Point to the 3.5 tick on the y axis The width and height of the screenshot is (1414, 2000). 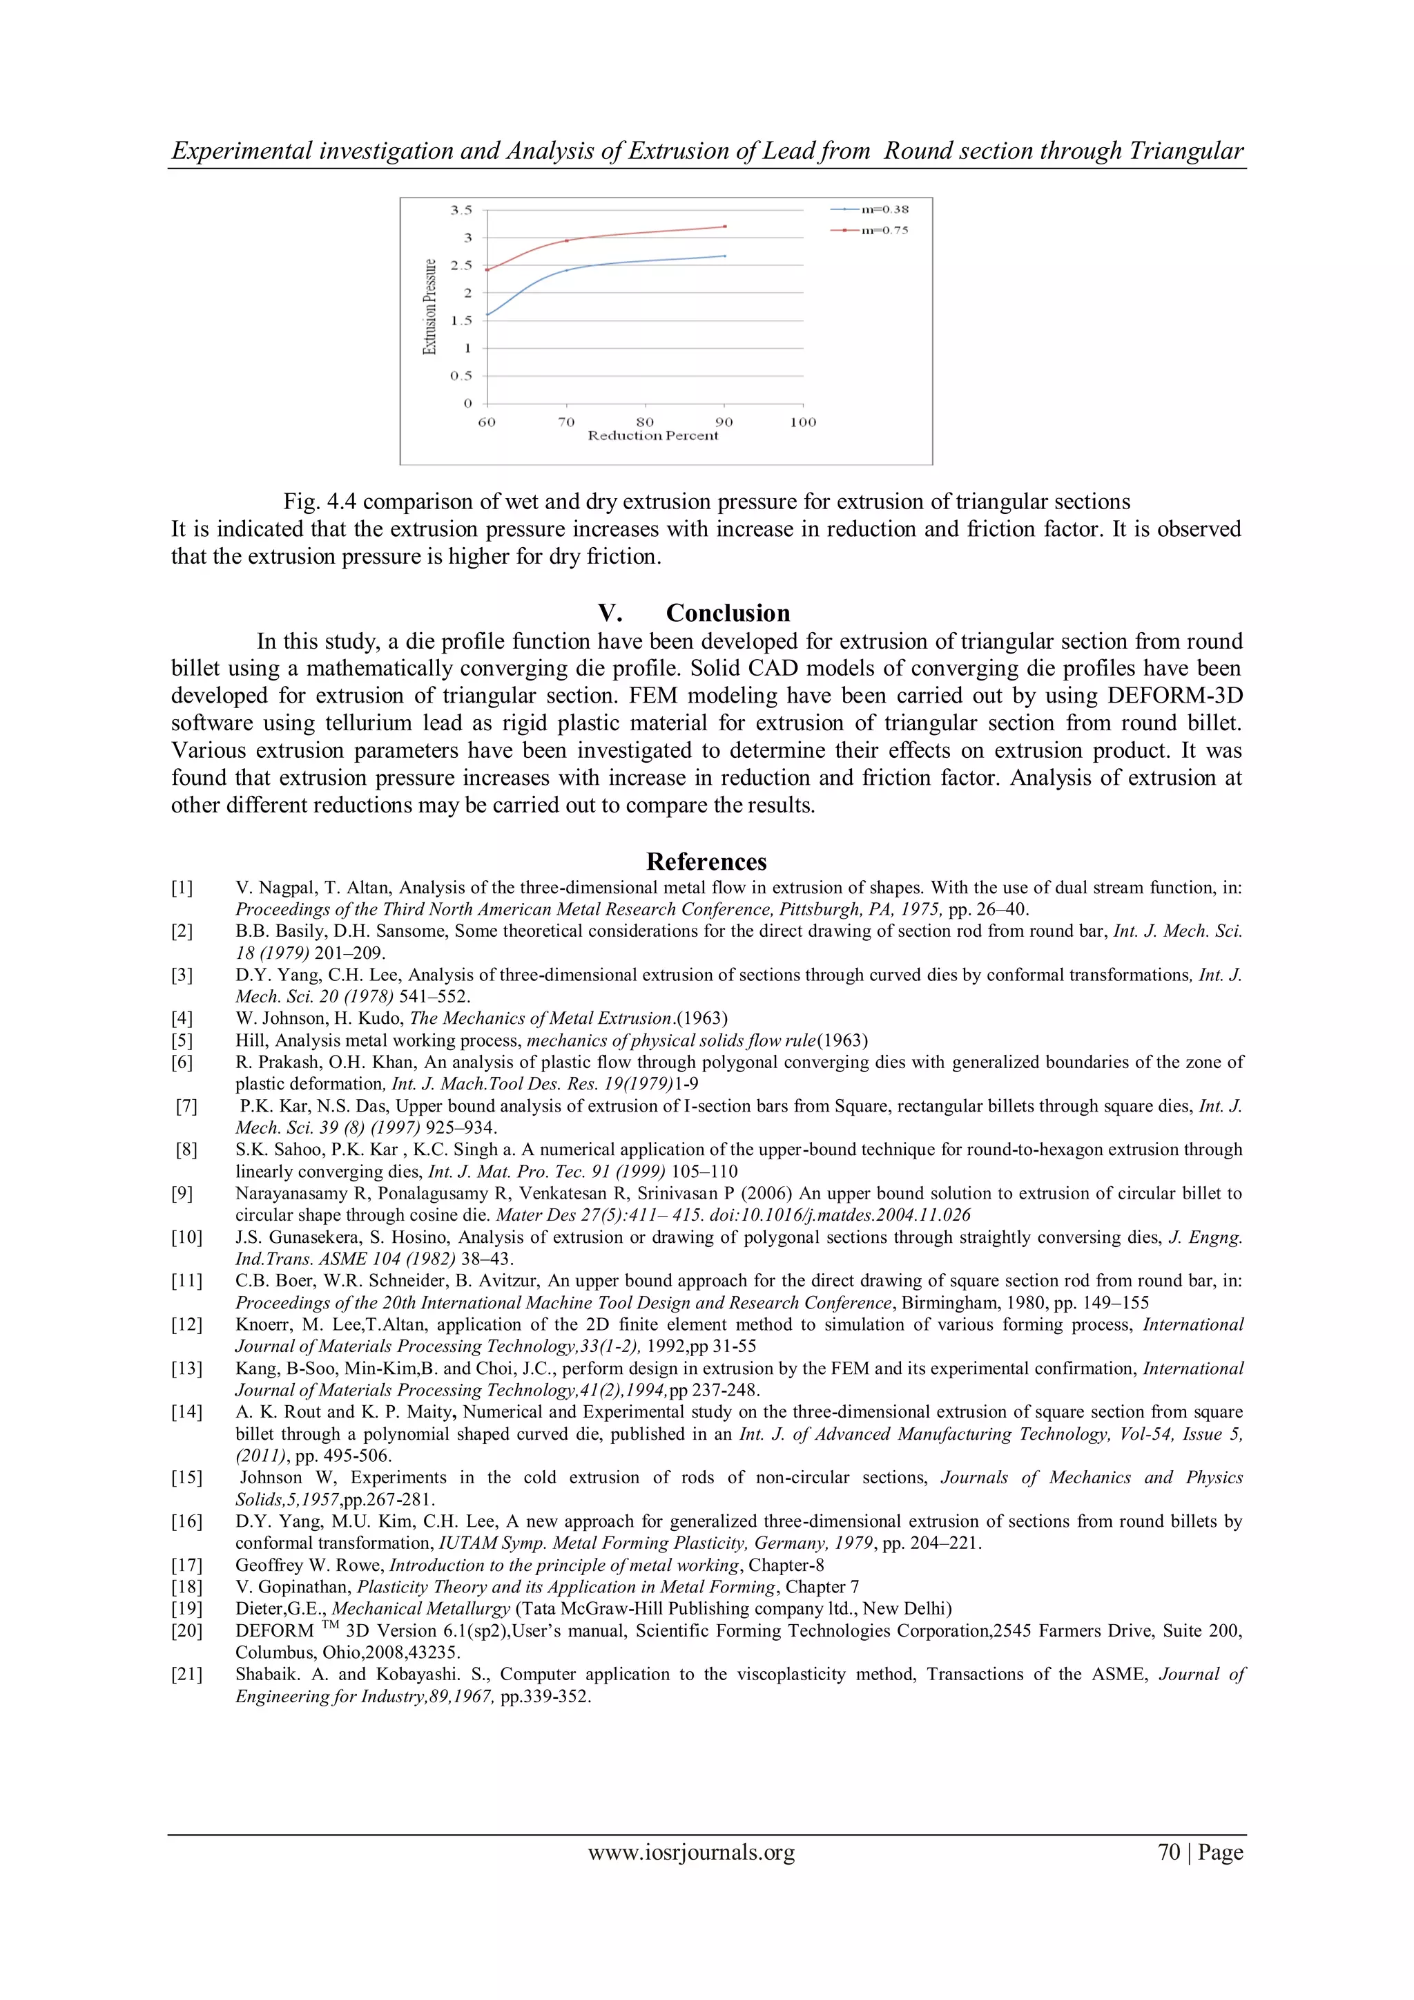[461, 210]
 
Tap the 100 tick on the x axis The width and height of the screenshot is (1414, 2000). [803, 423]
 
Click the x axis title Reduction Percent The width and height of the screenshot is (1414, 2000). [653, 435]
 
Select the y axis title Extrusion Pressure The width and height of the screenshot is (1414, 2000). [429, 307]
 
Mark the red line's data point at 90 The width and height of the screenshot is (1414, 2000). [724, 227]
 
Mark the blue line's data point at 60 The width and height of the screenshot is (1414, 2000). [487, 314]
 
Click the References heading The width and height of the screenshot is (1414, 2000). [706, 861]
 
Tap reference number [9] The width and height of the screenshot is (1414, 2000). [182, 1193]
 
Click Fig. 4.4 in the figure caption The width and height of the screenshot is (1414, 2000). [320, 502]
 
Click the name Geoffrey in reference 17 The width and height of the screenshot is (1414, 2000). [264, 1565]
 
